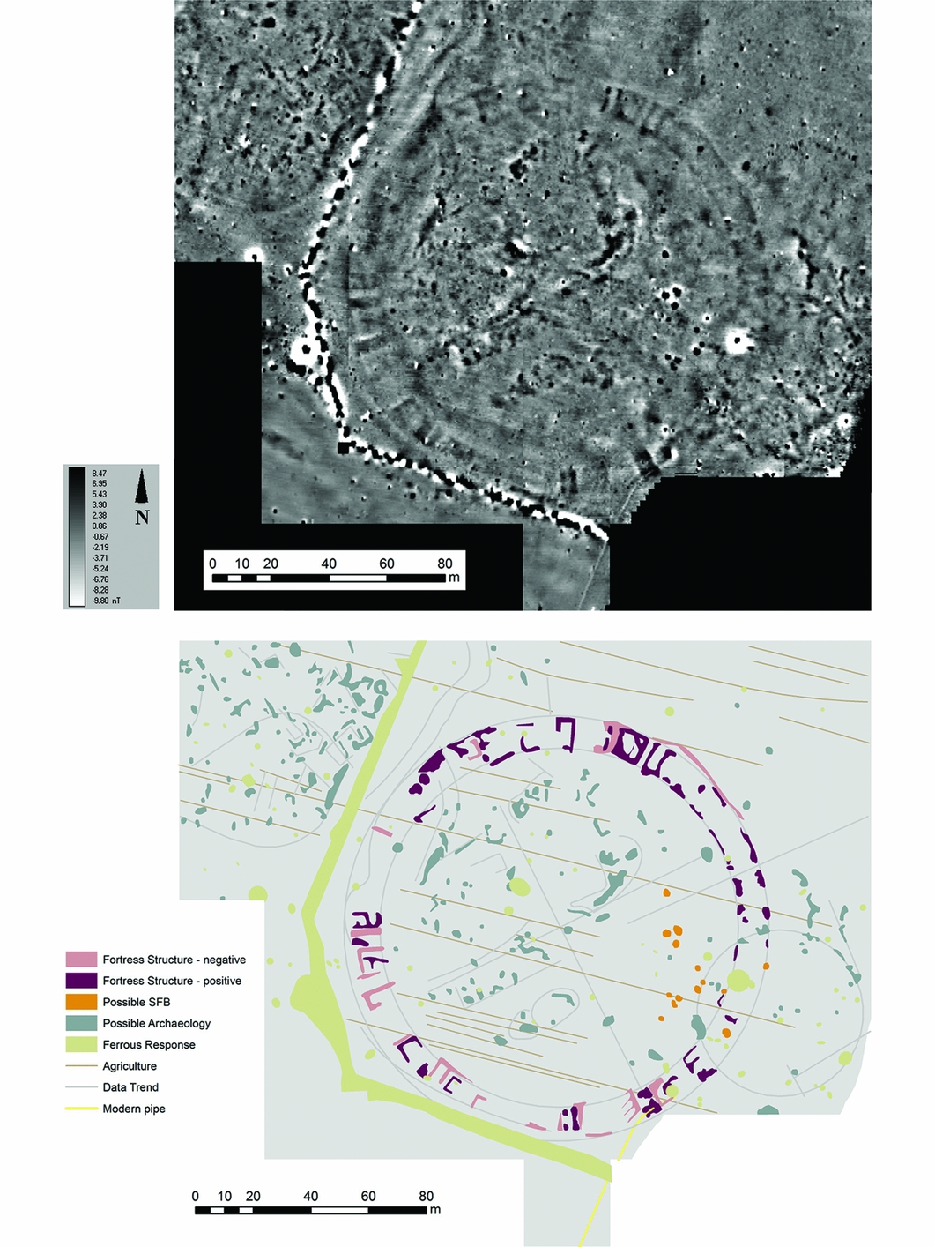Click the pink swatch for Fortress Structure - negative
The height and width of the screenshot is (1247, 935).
pyautogui.click(x=81, y=960)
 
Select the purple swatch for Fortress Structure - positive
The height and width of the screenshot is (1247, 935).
pyautogui.click(x=81, y=981)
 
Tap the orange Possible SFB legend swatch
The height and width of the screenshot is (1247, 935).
pyautogui.click(x=81, y=1002)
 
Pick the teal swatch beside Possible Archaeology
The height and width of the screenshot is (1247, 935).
pyautogui.click(x=81, y=1023)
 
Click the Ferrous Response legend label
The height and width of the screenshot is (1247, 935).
pyautogui.click(x=149, y=1045)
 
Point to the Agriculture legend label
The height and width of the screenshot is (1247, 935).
pyautogui.click(x=130, y=1066)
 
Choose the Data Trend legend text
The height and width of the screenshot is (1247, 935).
pyautogui.click(x=130, y=1087)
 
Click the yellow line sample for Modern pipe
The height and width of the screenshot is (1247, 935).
pyautogui.click(x=81, y=1109)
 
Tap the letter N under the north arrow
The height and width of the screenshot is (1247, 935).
pyautogui.click(x=142, y=518)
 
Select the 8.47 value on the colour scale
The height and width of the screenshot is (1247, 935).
pyautogui.click(x=100, y=474)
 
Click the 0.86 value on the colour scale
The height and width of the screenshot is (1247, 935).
pyautogui.click(x=100, y=526)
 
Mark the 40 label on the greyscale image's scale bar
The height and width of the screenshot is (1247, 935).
pyautogui.click(x=329, y=564)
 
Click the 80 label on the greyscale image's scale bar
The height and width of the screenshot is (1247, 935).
pyautogui.click(x=445, y=564)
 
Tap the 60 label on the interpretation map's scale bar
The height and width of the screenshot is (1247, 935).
pyautogui.click(x=368, y=1196)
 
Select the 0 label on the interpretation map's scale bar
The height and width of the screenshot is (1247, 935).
pyautogui.click(x=196, y=1196)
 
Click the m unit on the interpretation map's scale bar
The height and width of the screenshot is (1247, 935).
pyautogui.click(x=435, y=1210)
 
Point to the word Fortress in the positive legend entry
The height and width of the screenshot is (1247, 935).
pyautogui.click(x=123, y=981)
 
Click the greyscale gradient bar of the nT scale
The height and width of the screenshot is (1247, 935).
pyautogui.click(x=78, y=537)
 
